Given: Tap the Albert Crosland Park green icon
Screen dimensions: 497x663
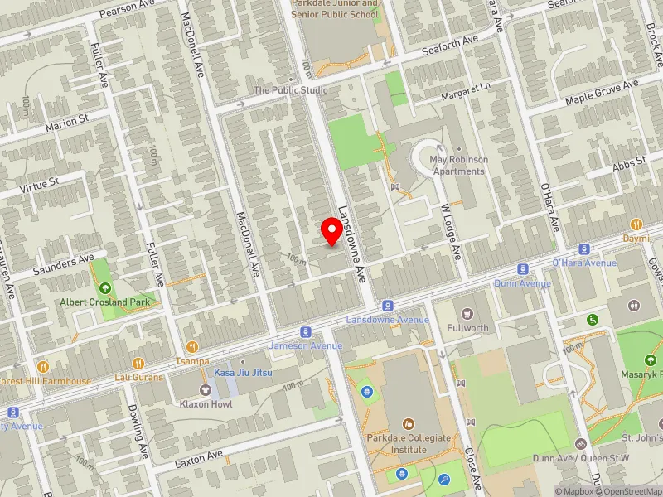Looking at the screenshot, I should click(104, 288).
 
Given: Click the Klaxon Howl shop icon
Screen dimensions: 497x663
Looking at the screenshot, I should click(204, 390).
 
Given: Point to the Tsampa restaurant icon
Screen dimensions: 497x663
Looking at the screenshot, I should click(192, 347).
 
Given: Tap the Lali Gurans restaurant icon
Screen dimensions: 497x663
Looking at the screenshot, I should click(138, 363).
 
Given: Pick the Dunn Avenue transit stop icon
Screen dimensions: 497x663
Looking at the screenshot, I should click(523, 269).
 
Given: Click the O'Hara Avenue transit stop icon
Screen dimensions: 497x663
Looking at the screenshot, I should click(584, 248).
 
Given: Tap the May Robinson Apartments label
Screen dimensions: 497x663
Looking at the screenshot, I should click(458, 165).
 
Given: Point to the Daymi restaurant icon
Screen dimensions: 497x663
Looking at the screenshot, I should click(636, 224).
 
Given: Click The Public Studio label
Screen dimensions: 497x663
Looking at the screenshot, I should click(291, 89).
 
